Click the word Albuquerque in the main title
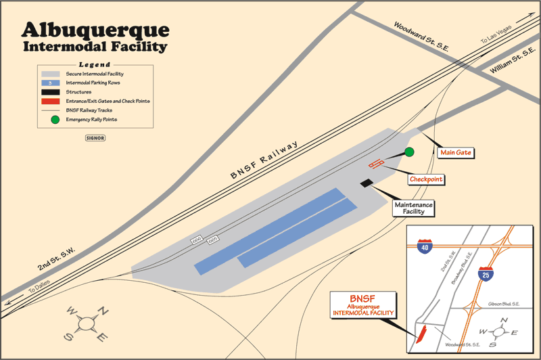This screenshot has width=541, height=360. [x=95, y=30]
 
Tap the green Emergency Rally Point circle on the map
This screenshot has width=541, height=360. [x=408, y=152]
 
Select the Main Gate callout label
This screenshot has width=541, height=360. [x=455, y=153]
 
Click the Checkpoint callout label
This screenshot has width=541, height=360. [x=426, y=179]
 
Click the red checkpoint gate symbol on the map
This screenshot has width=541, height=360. [x=376, y=164]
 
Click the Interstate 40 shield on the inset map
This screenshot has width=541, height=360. [x=424, y=246]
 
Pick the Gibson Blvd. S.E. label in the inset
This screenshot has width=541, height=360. [x=504, y=305]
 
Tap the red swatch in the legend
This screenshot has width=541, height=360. [x=51, y=101]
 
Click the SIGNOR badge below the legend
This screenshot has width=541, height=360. [x=95, y=137]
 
